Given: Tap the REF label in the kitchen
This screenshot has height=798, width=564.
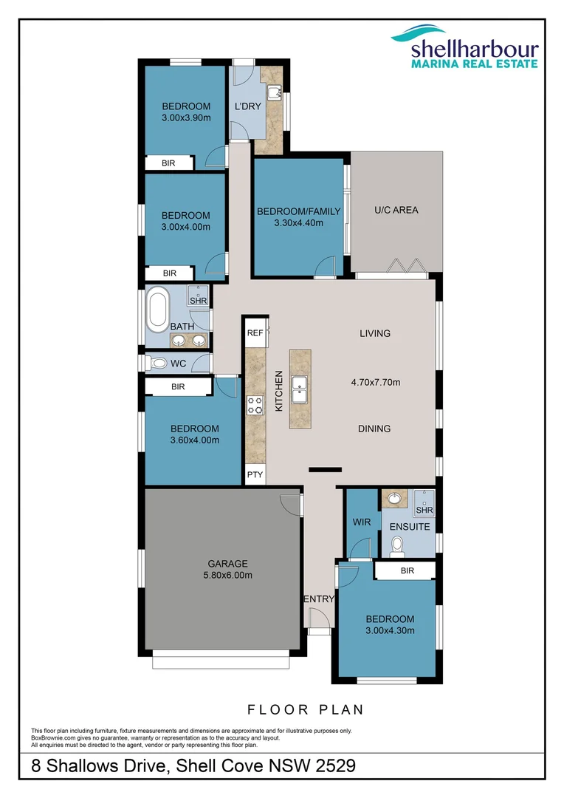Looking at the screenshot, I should [255, 333].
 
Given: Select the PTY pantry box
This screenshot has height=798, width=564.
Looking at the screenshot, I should [255, 475].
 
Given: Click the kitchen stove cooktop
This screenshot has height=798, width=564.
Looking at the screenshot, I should [255, 405].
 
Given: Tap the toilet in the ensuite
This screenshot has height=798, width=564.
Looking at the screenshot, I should [396, 546].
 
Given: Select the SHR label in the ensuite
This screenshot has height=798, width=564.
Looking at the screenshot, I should [424, 510].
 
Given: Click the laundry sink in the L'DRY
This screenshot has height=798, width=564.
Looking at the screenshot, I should [275, 92].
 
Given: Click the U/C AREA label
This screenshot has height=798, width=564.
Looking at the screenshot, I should [396, 211].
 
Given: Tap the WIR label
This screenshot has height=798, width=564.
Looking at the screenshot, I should [362, 522].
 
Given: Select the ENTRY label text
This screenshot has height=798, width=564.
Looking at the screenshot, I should [319, 599].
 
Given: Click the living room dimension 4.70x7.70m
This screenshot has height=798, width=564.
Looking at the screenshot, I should [375, 382].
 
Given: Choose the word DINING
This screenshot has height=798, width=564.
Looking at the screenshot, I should [374, 429].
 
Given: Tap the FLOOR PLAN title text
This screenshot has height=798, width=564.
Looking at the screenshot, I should [306, 709].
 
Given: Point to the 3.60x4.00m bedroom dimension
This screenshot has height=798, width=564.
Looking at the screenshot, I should [195, 440].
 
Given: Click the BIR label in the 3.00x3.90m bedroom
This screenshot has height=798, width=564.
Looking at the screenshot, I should [168, 163].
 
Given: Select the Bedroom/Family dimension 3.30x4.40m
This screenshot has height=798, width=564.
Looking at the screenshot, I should [299, 222].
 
